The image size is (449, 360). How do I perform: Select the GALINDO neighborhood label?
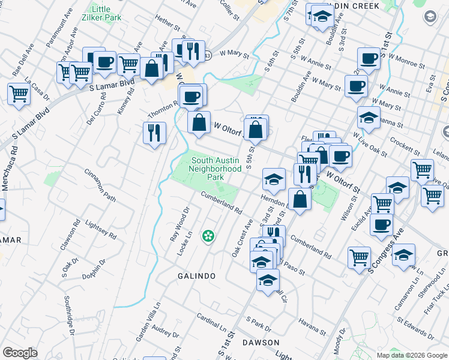click(196, 275)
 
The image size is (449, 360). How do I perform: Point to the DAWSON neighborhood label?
click(261, 342)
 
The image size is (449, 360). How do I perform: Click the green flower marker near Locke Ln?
click(208, 237)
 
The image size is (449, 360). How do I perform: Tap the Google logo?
click(20, 352)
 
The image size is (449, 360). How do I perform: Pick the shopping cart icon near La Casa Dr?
click(19, 94)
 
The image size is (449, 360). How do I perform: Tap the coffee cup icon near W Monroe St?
click(369, 59)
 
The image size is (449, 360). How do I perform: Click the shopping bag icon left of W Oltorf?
click(199, 122)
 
